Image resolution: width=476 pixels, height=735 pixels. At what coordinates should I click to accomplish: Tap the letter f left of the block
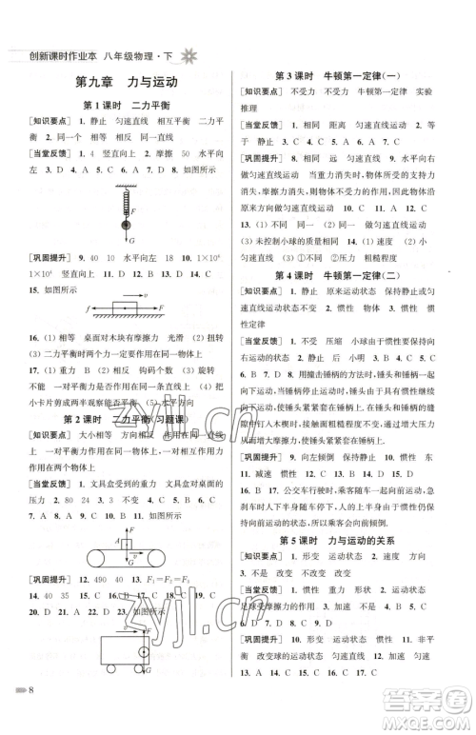(87, 309)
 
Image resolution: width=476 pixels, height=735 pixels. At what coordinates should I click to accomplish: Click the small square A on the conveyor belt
(127, 542)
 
